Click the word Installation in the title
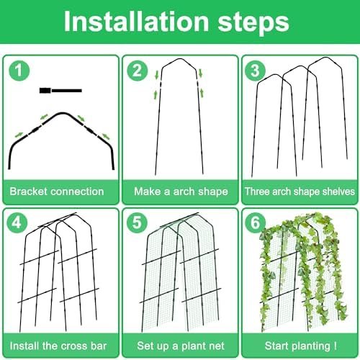coord(136,22)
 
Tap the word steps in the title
coord(253,23)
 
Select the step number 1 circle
coord(19,71)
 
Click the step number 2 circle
coord(138,71)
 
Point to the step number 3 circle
coord(255,71)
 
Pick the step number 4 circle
coord(17,222)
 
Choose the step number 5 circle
coord(137,222)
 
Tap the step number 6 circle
coord(255,222)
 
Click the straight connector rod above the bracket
coord(60,91)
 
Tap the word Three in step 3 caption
coord(257,192)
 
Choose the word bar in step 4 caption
coord(99,346)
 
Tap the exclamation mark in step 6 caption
coord(335,346)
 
